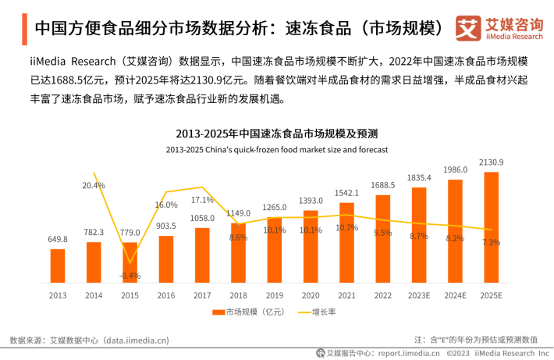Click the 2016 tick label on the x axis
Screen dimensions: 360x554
(166, 295)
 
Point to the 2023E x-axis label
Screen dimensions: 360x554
(420, 295)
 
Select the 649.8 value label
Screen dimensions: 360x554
(58, 239)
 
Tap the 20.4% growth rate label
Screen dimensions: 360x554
(94, 185)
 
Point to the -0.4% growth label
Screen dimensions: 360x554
(130, 275)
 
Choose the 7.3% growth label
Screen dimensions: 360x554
(492, 242)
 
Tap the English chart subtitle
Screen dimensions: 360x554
(276, 148)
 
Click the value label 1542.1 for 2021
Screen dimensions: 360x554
(347, 193)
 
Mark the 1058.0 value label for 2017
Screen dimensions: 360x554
(202, 219)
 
